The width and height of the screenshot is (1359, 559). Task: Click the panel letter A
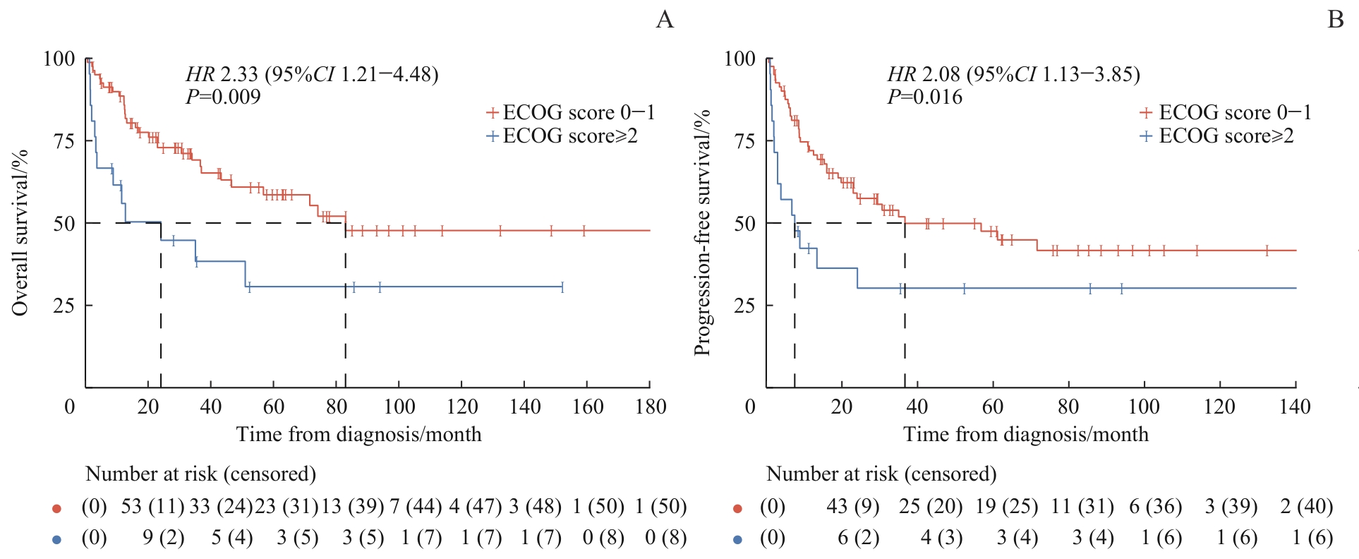click(665, 20)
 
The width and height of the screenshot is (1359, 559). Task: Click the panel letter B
click(1335, 20)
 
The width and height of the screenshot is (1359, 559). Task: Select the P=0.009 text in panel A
click(223, 97)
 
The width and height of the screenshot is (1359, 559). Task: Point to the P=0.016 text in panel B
click(924, 97)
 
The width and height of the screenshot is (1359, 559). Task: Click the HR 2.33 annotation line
click(312, 74)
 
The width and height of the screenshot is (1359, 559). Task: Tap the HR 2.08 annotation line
click(1013, 74)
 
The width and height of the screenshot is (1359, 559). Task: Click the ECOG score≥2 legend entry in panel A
click(562, 136)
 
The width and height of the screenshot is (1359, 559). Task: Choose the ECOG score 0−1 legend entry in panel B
click(1226, 113)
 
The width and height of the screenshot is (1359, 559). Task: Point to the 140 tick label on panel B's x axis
click(1295, 407)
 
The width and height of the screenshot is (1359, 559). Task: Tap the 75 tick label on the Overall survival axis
click(64, 141)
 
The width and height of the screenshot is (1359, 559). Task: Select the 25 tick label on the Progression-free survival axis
click(744, 306)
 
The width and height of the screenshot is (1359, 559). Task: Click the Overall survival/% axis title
click(20, 232)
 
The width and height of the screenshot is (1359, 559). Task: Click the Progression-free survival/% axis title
click(701, 232)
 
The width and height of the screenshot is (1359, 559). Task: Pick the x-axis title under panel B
click(1025, 434)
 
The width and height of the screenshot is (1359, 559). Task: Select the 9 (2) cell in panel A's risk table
click(163, 538)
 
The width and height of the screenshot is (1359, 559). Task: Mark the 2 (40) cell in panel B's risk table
click(1307, 507)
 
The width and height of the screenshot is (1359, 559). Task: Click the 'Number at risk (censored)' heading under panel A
click(200, 474)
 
